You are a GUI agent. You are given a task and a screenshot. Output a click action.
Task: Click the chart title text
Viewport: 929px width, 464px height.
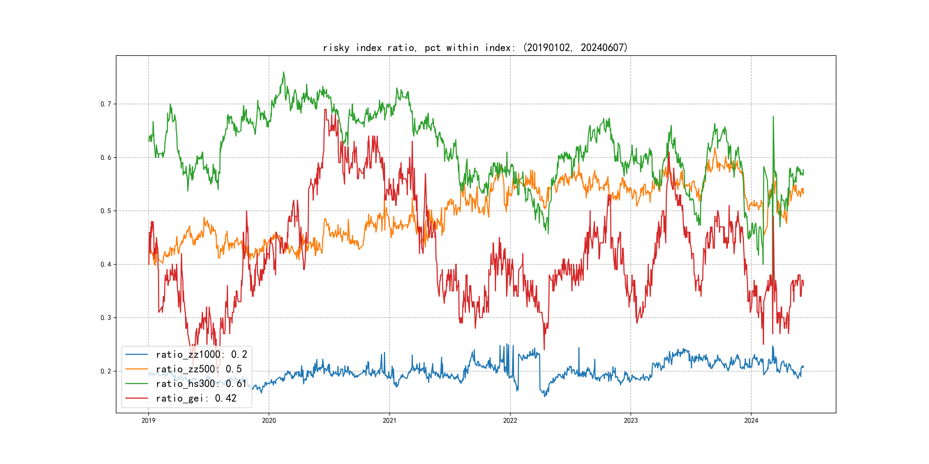tap(475, 48)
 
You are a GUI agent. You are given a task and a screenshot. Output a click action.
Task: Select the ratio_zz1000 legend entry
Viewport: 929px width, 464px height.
tap(201, 355)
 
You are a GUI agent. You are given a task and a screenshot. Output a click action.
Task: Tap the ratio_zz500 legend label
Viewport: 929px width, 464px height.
tap(199, 369)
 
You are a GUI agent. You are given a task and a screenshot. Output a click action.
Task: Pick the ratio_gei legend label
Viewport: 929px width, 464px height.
tap(196, 398)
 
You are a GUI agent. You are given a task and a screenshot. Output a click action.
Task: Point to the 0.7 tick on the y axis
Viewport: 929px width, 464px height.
tap(106, 104)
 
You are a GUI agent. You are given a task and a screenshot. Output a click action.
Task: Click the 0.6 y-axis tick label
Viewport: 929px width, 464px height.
tap(106, 158)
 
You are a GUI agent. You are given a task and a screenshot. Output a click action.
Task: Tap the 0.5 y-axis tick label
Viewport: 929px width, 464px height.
tap(106, 211)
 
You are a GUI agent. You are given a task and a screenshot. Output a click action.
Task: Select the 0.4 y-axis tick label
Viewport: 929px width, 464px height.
tap(106, 264)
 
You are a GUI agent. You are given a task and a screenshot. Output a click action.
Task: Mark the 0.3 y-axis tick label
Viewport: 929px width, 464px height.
tap(106, 318)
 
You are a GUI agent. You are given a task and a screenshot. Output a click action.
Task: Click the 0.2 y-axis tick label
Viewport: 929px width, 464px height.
tap(106, 371)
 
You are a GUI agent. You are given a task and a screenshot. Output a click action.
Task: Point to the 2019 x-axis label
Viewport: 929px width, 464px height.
tap(148, 420)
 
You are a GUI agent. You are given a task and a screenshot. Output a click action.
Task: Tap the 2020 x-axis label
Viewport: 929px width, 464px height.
tap(269, 420)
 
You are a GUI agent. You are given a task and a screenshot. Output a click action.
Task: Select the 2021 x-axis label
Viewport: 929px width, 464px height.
tap(389, 420)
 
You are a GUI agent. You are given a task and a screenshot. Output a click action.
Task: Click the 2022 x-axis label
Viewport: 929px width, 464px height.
tap(510, 420)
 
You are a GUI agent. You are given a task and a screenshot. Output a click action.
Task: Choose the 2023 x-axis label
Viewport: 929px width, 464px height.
tap(631, 420)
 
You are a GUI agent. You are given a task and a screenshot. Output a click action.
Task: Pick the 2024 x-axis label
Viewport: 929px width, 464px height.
tap(751, 420)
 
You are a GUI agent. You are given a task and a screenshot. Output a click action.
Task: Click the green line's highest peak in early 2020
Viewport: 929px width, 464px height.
tap(284, 72)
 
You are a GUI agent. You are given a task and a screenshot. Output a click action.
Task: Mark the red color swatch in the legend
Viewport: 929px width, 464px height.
tap(136, 398)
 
